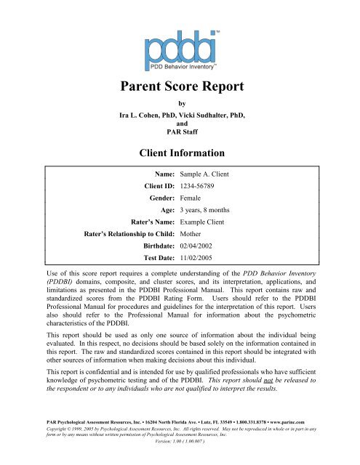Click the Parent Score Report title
pos(180,89)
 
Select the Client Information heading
pos(180,153)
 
